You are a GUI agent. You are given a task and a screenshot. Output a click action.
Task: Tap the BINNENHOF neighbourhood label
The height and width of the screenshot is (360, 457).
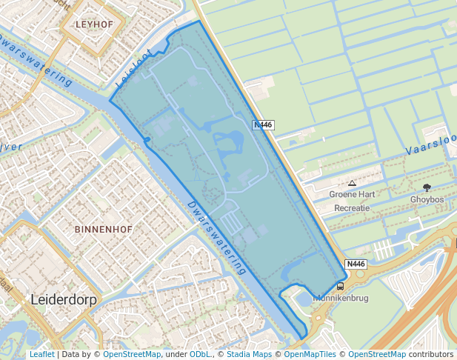pos(104,230)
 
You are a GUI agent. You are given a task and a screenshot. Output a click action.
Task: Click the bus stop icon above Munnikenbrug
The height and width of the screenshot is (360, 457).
pos(341,286)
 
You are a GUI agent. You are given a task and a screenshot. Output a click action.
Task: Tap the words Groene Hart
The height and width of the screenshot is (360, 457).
pos(352,195)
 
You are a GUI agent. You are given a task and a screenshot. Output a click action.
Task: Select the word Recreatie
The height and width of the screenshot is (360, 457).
pos(352,208)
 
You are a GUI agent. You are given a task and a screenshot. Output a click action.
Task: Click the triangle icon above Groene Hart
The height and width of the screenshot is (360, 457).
pos(352,183)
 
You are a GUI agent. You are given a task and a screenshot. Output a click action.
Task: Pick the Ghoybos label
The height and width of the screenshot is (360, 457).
pos(427,199)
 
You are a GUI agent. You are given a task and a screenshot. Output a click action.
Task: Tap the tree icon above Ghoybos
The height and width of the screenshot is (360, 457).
pos(427,187)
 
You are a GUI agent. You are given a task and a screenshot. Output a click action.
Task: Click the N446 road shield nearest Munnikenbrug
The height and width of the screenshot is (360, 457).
pos(356,264)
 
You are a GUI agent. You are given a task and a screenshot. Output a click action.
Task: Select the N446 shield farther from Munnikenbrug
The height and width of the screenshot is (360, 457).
pos(264,125)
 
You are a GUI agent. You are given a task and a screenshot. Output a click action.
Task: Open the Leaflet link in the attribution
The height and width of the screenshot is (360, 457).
pos(41,355)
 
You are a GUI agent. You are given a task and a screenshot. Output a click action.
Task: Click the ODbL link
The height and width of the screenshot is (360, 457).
pos(199,355)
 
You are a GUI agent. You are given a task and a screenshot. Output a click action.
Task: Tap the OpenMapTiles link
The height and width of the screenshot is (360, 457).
pos(312,355)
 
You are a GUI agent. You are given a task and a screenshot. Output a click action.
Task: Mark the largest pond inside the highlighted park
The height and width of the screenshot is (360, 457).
pos(231,141)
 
